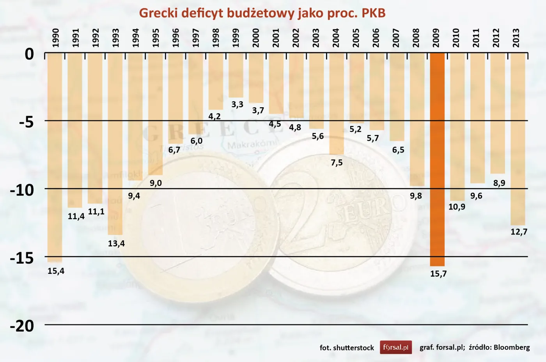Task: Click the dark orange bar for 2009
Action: pyautogui.click(x=437, y=160)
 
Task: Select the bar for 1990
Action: pyautogui.click(x=55, y=158)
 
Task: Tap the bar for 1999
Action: pyautogui.click(x=236, y=76)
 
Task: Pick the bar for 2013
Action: pyautogui.click(x=518, y=139)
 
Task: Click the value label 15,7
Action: pyautogui.click(x=438, y=274)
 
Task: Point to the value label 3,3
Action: pyautogui.click(x=237, y=105)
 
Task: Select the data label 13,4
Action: pyautogui.click(x=116, y=244)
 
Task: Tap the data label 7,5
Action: pyautogui.click(x=337, y=163)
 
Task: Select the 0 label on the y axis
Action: pyautogui.click(x=29, y=54)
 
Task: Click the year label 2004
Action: pyautogui.click(x=336, y=38)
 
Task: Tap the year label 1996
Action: pyautogui.click(x=175, y=38)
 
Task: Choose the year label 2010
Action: pyautogui.click(x=456, y=38)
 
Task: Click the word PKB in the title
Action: pyautogui.click(x=373, y=13)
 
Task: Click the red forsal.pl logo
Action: pyautogui.click(x=396, y=347)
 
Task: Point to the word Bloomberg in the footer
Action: pyautogui.click(x=512, y=347)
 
